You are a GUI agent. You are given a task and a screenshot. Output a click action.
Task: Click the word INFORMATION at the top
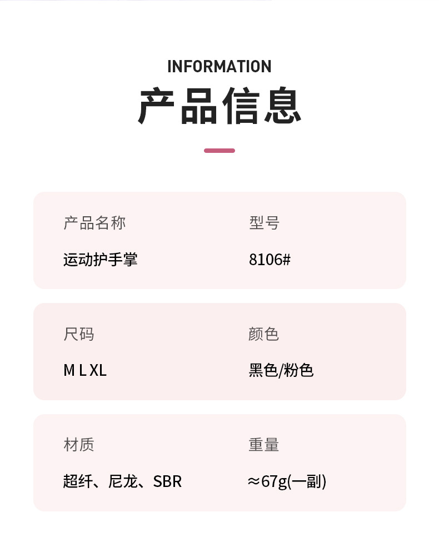tap(219, 67)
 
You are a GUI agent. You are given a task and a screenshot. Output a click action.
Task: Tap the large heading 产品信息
tap(219, 106)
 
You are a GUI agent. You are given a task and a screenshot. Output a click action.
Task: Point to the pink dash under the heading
tap(219, 151)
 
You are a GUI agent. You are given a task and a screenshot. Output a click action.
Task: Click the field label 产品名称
tap(94, 223)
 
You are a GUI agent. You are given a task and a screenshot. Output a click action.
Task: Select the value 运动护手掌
tap(100, 260)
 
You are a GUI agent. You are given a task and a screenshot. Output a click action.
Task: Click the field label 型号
tap(264, 223)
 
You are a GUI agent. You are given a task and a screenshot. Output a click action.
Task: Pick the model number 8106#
tap(270, 260)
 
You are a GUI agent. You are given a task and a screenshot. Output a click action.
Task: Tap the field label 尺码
tap(79, 334)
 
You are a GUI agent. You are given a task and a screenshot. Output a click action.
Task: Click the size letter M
tap(69, 371)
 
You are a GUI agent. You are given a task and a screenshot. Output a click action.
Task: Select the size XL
tap(98, 371)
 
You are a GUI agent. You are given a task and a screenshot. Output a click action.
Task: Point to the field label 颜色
tap(263, 334)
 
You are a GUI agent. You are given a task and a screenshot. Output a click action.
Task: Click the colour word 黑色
tap(263, 371)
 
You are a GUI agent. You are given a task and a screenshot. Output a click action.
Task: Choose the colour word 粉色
tap(299, 371)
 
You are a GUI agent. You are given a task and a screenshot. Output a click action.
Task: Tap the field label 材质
tap(79, 445)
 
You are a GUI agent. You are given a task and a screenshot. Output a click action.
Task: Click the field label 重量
tap(263, 445)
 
